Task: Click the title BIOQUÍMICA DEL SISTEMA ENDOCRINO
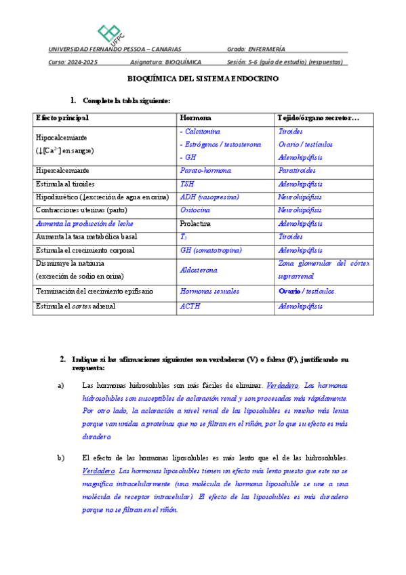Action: pyautogui.click(x=203, y=79)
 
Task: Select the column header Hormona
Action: pyautogui.click(x=195, y=118)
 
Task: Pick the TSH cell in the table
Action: pyautogui.click(x=186, y=184)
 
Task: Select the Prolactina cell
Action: pyautogui.click(x=197, y=223)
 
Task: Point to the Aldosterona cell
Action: pyautogui.click(x=199, y=270)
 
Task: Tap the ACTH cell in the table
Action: pyautogui.click(x=189, y=305)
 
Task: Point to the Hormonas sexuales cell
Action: pyautogui.click(x=209, y=291)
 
